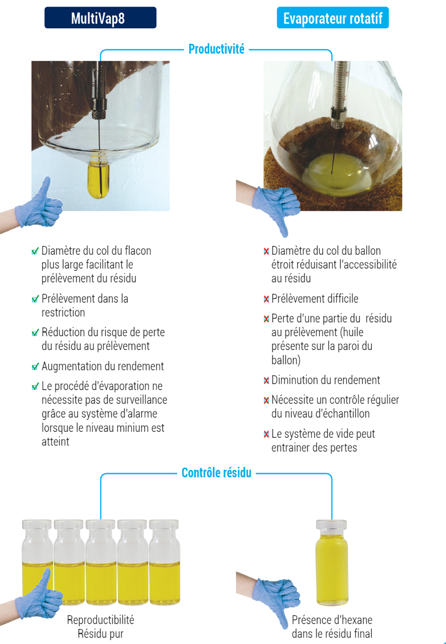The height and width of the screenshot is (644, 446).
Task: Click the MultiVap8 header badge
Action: tap(100, 18)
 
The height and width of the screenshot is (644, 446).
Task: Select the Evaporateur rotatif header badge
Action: tap(333, 18)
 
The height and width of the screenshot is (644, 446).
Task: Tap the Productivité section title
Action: tap(216, 49)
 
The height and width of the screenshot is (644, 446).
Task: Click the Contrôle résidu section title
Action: tap(216, 473)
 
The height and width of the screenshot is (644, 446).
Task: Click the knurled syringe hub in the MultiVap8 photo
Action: tap(98, 112)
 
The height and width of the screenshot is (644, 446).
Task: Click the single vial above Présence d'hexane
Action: tap(331, 562)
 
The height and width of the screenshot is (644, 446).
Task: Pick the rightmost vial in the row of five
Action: tap(164, 562)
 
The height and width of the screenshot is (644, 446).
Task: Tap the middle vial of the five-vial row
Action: tap(101, 562)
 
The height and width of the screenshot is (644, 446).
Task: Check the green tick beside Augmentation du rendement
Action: tap(35, 366)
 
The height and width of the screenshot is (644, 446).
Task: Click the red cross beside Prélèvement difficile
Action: tap(266, 299)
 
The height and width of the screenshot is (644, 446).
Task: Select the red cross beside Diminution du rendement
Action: tap(266, 380)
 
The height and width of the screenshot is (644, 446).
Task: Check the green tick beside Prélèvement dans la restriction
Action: tap(35, 299)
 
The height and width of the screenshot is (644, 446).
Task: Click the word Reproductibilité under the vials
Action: tap(101, 620)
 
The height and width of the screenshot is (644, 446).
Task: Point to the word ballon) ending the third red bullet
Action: tap(286, 360)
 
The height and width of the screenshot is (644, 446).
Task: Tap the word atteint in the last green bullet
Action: tap(55, 442)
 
